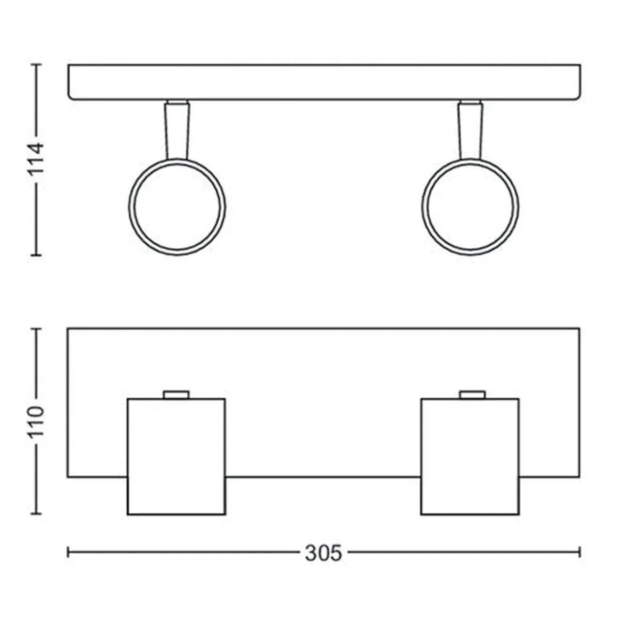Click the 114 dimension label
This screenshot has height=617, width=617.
[37, 159]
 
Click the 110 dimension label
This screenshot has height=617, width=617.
[37, 421]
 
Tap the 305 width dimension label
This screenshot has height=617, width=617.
[323, 553]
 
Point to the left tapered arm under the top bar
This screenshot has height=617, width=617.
[177, 130]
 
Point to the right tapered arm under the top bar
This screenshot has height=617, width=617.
[470, 130]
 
